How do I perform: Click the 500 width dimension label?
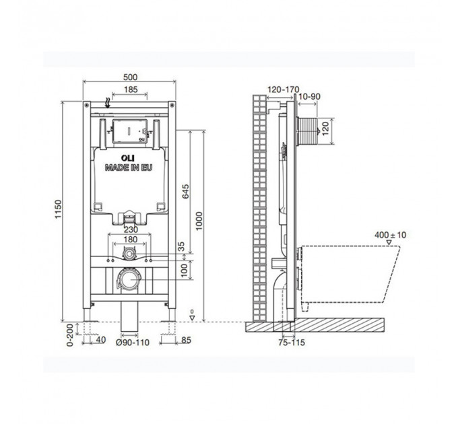[x=130, y=77]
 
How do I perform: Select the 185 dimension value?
[x=131, y=90]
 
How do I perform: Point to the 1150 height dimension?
[x=59, y=209]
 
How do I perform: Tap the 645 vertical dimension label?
[x=185, y=191]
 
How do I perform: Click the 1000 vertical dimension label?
[x=199, y=221]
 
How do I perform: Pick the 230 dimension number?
[x=131, y=229]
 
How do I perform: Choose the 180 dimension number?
[x=130, y=240]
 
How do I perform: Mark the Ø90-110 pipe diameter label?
[x=132, y=343]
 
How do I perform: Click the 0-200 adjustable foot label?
[x=70, y=334]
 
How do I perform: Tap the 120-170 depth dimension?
[x=284, y=90]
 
